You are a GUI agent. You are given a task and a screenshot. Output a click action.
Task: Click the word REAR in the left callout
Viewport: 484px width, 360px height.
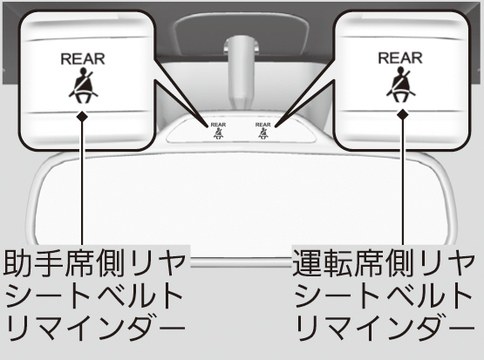pyautogui.click(x=83, y=59)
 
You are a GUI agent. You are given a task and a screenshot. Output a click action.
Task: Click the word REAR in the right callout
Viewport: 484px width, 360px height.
pyautogui.click(x=400, y=58)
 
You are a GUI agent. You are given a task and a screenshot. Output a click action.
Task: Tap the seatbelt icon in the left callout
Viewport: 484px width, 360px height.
pyautogui.click(x=83, y=85)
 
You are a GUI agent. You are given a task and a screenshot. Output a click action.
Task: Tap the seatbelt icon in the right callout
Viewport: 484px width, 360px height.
pyautogui.click(x=400, y=86)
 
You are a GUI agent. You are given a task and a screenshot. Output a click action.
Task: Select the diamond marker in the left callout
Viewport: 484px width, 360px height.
pyautogui.click(x=82, y=117)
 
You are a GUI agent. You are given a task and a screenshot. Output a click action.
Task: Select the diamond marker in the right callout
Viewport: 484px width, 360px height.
pyautogui.click(x=403, y=114)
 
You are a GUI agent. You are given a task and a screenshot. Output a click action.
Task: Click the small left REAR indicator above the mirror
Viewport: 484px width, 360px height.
pyautogui.click(x=218, y=131)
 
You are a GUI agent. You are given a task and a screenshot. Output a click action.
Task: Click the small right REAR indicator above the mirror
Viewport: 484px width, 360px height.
pyautogui.click(x=263, y=131)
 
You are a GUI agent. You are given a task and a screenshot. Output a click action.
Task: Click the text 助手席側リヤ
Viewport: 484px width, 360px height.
pyautogui.click(x=95, y=264)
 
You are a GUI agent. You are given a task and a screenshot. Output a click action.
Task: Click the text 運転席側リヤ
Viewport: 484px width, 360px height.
pyautogui.click(x=383, y=264)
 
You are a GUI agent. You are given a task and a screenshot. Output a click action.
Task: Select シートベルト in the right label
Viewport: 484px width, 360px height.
pyautogui.click(x=384, y=295)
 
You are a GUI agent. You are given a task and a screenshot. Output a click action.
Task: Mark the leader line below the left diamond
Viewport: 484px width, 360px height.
pyautogui.click(x=82, y=184)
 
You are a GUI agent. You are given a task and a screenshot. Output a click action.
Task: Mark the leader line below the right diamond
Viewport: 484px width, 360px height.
pyautogui.click(x=403, y=183)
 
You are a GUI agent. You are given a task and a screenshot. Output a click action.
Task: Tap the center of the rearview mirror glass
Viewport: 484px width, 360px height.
pyautogui.click(x=244, y=204)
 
